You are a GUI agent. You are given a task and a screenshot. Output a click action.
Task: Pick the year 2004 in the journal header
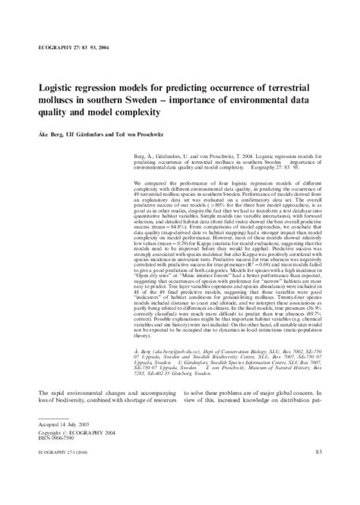tap(122, 47)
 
